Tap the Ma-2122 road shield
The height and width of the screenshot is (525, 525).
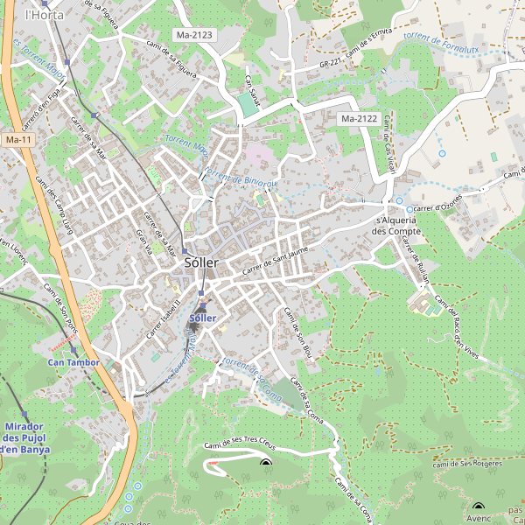pyautogui.click(x=359, y=118)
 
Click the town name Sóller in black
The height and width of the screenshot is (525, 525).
pyautogui.click(x=201, y=262)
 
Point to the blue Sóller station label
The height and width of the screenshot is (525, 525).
pyautogui.click(x=202, y=318)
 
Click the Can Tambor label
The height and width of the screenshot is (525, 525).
pyautogui.click(x=73, y=361)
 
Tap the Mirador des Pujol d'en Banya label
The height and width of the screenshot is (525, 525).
pyautogui.click(x=24, y=437)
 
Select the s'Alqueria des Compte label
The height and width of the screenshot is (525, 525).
pyautogui.click(x=397, y=226)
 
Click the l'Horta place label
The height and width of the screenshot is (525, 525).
pyautogui.click(x=40, y=15)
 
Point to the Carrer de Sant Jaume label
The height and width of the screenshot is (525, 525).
pyautogui.click(x=276, y=262)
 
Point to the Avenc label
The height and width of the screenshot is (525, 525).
pyautogui.click(x=479, y=518)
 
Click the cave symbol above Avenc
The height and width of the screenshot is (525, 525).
pyautogui.click(x=478, y=507)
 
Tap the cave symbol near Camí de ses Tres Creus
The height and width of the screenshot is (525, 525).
pyautogui.click(x=266, y=464)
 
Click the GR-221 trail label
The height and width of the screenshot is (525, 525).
pyautogui.click(x=332, y=63)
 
